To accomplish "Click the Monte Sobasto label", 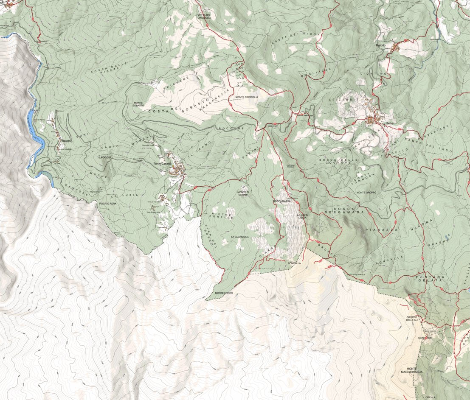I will [x=138, y=104].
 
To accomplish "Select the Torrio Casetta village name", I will [x=163, y=164].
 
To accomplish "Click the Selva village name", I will [x=385, y=123].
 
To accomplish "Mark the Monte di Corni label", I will [x=242, y=194].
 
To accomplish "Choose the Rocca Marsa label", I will [x=282, y=201].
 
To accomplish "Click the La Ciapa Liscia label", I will [x=301, y=216].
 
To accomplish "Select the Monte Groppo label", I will [x=366, y=193].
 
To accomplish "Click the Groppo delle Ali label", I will [x=412, y=319].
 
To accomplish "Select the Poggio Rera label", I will [x=108, y=204].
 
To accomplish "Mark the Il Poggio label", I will [x=104, y=157].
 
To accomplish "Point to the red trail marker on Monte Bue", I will [x=426, y=338].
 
